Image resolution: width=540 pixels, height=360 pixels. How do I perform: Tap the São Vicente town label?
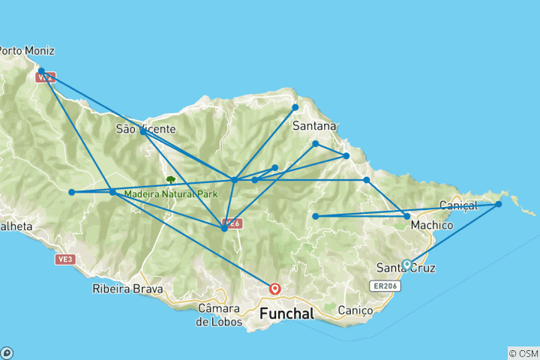145,128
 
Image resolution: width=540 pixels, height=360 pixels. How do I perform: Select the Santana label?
313,125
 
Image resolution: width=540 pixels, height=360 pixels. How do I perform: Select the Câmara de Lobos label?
220,314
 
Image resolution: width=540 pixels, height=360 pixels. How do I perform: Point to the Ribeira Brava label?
122,288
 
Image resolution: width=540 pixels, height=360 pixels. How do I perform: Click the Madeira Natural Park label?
170,193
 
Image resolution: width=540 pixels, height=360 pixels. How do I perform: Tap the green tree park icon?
171,180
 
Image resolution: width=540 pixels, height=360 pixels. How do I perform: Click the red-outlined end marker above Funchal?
275,288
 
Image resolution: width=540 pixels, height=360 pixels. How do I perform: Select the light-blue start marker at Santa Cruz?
406,264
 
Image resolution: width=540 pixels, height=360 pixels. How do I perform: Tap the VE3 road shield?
64,259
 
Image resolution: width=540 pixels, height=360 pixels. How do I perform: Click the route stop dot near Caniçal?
498,204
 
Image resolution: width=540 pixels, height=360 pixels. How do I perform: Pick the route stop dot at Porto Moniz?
41,71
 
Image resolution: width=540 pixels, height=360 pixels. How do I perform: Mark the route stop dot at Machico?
407,216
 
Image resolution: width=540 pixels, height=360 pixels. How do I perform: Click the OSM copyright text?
523,353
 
